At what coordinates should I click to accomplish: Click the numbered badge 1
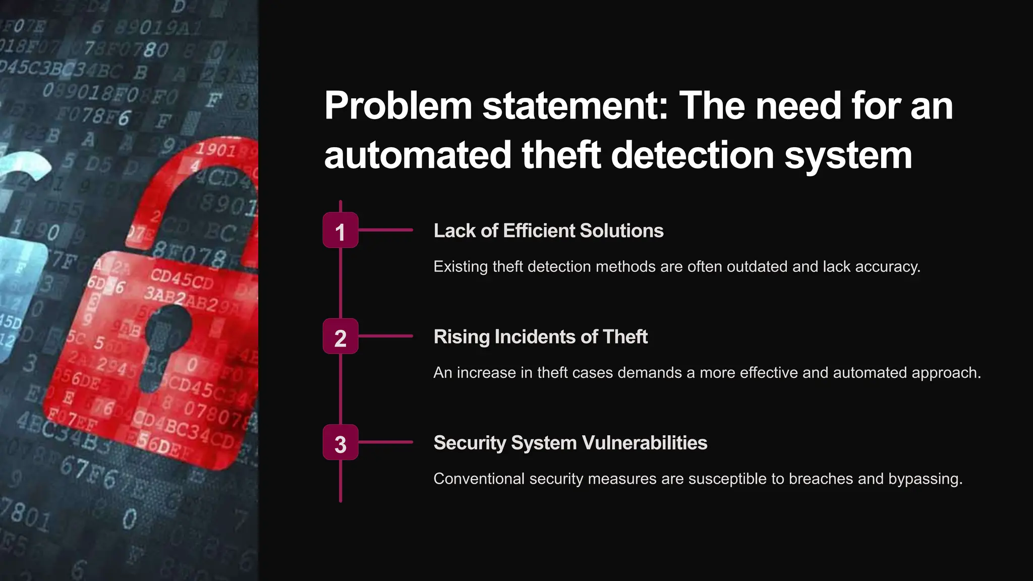[340, 230]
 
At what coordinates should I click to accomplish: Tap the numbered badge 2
[340, 336]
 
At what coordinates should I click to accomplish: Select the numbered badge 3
[340, 442]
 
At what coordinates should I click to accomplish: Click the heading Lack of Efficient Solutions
[548, 231]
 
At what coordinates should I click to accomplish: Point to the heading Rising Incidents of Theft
[540, 337]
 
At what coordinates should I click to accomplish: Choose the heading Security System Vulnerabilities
[570, 443]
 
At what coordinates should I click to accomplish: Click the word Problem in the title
[398, 106]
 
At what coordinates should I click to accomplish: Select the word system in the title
[848, 155]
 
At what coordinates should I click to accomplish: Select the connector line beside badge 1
[386, 230]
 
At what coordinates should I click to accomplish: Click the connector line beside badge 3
[386, 442]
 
